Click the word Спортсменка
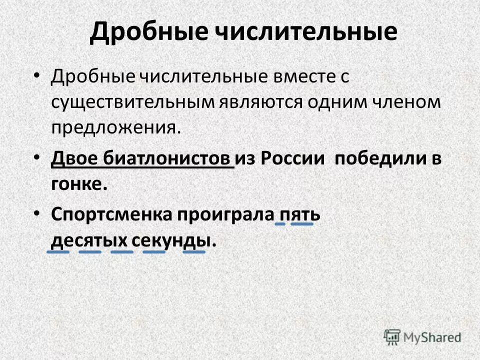tap(110, 215)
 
